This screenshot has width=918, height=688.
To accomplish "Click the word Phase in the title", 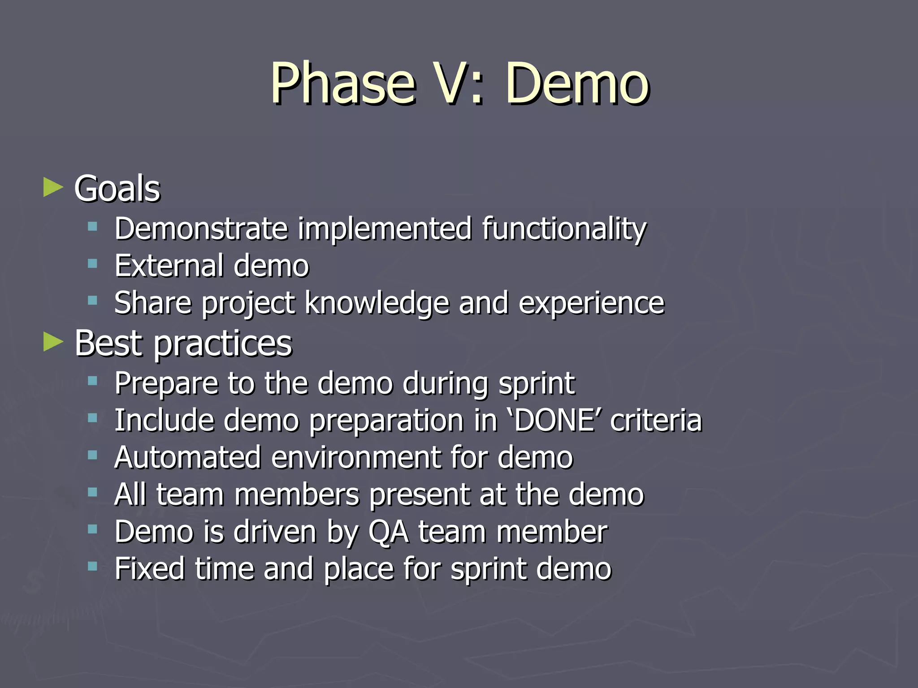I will pos(343,84).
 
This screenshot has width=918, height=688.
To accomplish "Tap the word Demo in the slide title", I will pos(577,84).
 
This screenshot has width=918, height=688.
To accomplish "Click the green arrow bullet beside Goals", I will pos(53,188).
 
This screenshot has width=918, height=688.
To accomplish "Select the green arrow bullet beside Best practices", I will pos(53,343).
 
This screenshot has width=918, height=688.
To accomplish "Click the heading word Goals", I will pos(117,189).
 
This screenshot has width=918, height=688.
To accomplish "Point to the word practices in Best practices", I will pos(223,344).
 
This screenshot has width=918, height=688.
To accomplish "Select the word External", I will pos(169,266).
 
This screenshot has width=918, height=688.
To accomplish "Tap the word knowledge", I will pos(377,303).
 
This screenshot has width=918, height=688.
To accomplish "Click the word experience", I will pos(591,303).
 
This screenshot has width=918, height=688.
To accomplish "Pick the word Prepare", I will pos(166,384).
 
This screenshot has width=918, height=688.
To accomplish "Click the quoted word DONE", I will pos(554,421).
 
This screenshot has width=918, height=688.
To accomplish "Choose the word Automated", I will pos(187,457).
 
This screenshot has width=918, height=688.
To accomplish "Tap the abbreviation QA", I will pos(388,532).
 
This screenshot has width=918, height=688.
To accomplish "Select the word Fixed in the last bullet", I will pos(149,568).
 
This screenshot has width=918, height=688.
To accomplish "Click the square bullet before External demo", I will pos(93,264).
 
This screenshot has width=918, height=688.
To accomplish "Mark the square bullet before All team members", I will pos(93,493).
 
